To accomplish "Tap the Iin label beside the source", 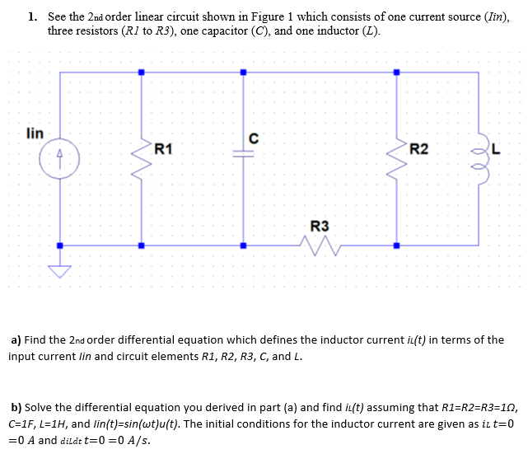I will tap(35, 132).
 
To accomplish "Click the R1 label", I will tap(163, 149).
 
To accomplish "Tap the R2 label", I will tap(418, 149).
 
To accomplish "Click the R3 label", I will tap(319, 226).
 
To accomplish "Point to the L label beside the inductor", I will tap(496, 149).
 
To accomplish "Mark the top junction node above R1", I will tap(141, 73).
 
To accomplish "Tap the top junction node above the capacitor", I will tap(243, 73).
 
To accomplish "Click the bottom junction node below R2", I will tap(396, 245).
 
